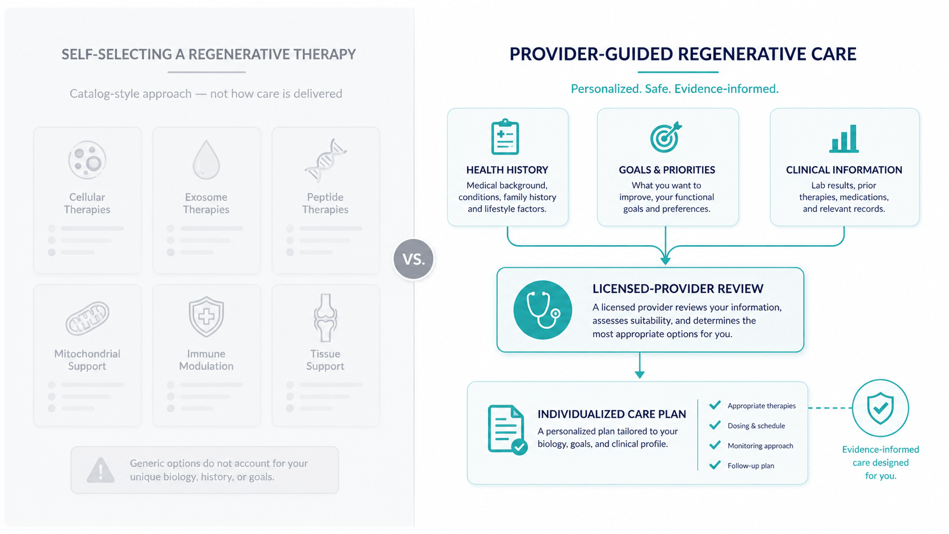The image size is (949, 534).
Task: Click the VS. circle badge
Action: (413, 259)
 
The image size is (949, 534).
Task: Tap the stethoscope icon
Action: (543, 310)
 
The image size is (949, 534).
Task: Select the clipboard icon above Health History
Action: (505, 137)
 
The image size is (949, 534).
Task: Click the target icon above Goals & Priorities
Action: (666, 137)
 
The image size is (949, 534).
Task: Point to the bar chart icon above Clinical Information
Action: (844, 138)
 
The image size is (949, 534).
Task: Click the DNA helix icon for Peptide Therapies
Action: (325, 160)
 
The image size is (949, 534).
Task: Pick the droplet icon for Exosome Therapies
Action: (207, 159)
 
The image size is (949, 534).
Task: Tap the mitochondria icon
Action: (87, 318)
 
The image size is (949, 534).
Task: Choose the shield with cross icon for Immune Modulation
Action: (207, 316)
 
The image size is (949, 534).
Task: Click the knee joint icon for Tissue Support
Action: (325, 318)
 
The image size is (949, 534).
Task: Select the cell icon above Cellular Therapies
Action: (87, 160)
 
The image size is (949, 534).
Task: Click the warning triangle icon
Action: (100, 470)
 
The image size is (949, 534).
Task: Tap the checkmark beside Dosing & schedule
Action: (715, 425)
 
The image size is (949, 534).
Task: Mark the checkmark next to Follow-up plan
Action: (715, 465)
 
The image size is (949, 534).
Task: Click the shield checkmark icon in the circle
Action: (880, 408)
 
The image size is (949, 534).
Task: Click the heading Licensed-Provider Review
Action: (678, 289)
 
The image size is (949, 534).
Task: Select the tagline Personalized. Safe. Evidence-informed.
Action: (674, 89)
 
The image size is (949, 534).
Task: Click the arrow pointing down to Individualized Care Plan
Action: (640, 365)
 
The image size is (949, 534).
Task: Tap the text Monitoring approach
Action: (761, 445)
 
